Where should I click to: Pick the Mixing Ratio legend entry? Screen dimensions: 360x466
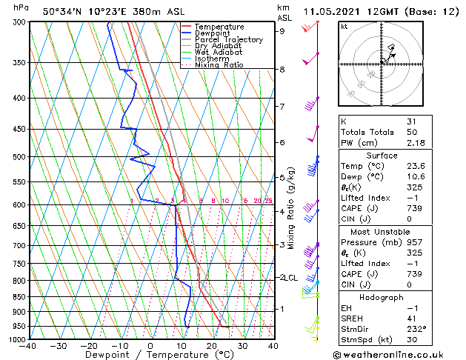tap(219, 65)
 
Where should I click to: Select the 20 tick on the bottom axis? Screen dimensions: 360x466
tap(211, 346)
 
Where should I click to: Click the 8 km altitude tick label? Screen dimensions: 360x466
tap(282, 70)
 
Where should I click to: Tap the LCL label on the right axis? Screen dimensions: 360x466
tap(287, 278)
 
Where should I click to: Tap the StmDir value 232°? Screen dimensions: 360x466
tap(415, 329)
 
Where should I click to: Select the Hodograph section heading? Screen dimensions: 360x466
tap(382, 297)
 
